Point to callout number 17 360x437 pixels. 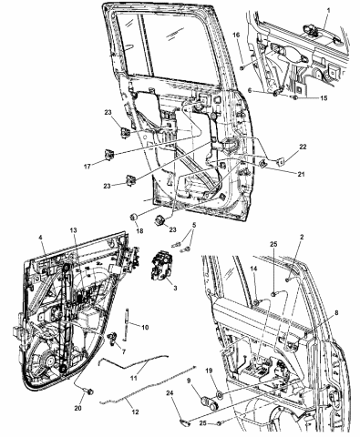click(x=88, y=166)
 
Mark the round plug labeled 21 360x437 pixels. click(x=262, y=164)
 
